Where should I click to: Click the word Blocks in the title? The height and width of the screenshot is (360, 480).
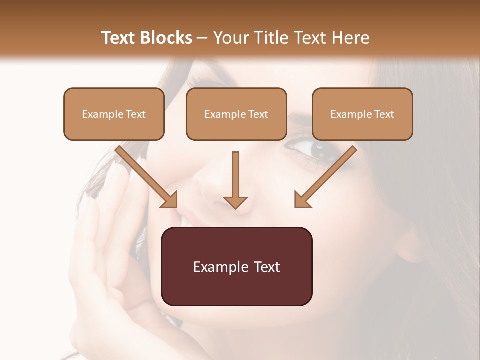(x=167, y=38)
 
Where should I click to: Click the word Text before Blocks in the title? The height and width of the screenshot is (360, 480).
(x=120, y=38)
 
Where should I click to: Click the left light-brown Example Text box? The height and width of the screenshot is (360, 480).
(x=114, y=114)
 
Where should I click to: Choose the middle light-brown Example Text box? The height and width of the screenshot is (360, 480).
(x=236, y=114)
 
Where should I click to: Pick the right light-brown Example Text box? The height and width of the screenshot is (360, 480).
(x=362, y=114)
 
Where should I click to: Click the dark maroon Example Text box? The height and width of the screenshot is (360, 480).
(x=236, y=267)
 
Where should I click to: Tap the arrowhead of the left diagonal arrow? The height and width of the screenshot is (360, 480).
(x=170, y=200)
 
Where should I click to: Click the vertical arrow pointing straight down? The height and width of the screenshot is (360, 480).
(x=235, y=180)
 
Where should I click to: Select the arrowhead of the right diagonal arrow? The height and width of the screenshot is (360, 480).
(x=302, y=200)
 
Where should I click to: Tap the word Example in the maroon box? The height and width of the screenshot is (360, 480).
(x=220, y=267)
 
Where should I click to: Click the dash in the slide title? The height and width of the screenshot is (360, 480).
(x=203, y=38)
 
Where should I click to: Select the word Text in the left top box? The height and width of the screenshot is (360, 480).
(x=135, y=114)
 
